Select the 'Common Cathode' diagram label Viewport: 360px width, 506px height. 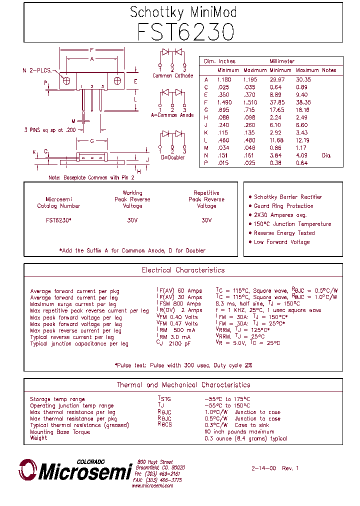[x=172, y=76]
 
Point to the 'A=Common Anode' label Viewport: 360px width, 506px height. [x=172, y=115]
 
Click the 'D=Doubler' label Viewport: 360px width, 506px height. [x=172, y=157]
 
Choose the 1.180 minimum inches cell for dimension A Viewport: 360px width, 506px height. [x=224, y=79]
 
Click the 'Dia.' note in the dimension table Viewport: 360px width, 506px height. [x=326, y=155]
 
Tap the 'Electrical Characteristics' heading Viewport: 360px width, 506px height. [x=183, y=270]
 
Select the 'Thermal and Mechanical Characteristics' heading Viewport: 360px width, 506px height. [x=183, y=385]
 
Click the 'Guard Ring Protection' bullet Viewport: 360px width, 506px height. [x=283, y=206]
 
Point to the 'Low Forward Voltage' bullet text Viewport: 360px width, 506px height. [x=281, y=242]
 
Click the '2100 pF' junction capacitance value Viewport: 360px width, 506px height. [x=180, y=344]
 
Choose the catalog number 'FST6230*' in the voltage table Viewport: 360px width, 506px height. [x=58, y=220]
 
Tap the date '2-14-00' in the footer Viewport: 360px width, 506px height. [x=263, y=468]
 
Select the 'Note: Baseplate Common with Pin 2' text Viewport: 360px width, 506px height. [x=91, y=177]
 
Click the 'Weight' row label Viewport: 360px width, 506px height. [x=38, y=438]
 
